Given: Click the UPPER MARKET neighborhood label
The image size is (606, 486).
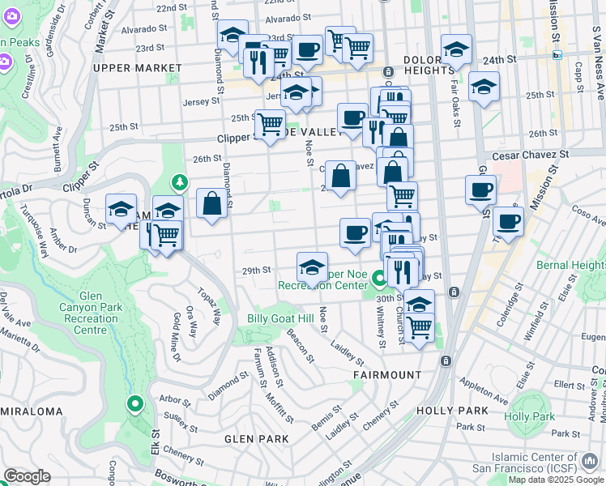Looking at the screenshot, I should [137, 68].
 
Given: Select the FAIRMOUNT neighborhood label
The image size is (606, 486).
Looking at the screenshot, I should [387, 375].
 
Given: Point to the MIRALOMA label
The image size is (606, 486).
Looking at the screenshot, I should [32, 411].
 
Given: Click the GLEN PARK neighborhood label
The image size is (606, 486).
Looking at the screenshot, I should [257, 439].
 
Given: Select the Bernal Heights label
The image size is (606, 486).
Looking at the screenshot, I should [570, 265].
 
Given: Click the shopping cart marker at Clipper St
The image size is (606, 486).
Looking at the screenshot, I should [270, 124].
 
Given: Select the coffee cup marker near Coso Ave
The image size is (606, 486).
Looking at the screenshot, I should [508, 221].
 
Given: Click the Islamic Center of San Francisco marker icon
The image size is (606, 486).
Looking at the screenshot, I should [589, 462].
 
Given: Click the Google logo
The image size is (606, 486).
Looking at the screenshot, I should [27, 476].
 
